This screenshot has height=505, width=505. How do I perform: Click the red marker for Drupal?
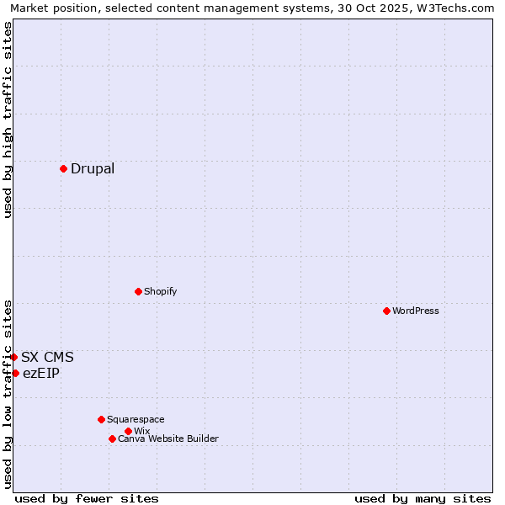63,168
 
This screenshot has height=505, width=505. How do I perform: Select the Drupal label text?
93,168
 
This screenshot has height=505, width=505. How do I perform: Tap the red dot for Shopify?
138,291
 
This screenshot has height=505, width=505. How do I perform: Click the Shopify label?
160,291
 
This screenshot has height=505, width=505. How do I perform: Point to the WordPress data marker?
386,311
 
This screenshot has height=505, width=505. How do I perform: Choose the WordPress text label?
416,311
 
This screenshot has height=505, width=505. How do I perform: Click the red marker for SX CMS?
13,357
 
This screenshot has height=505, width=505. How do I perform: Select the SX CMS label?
47,357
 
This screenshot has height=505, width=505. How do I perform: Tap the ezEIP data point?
15,373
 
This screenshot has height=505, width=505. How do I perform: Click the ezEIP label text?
41,373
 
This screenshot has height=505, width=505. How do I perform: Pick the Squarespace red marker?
101,419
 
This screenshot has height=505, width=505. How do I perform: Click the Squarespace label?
136,419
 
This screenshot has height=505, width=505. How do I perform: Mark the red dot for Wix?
128,431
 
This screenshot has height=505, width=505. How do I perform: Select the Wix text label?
141,431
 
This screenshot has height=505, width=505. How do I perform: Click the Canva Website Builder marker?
112,439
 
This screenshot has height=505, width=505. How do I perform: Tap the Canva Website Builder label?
168,439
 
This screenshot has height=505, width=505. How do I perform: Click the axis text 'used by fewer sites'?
87,498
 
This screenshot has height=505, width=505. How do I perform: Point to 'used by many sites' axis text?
423,498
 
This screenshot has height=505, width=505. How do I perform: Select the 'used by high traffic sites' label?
8,120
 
